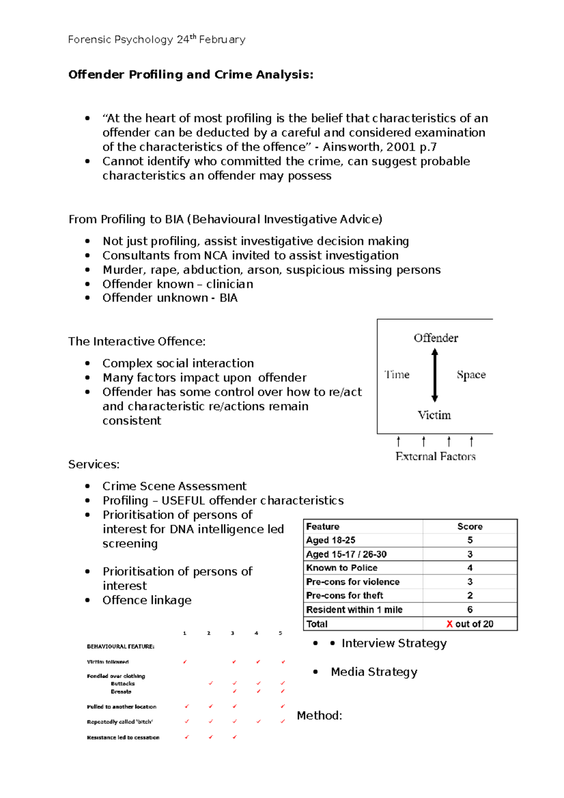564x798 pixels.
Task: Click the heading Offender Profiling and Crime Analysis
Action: click(x=190, y=75)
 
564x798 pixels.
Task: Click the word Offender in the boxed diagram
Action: click(x=436, y=338)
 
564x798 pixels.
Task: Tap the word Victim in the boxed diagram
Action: click(x=434, y=415)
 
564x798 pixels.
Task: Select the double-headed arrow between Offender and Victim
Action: click(x=435, y=375)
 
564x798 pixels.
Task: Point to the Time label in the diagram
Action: click(x=397, y=375)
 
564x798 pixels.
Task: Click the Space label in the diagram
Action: click(x=471, y=375)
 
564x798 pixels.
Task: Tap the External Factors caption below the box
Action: click(x=435, y=456)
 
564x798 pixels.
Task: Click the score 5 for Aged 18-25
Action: click(x=470, y=540)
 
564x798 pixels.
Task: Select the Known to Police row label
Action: click(x=342, y=568)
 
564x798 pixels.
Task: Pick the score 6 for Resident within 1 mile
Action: click(x=470, y=610)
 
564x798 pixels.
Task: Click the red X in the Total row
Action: click(x=449, y=624)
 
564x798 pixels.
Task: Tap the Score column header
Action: click(x=470, y=526)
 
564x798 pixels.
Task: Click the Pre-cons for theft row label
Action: click(x=345, y=595)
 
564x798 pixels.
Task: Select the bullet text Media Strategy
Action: click(x=374, y=672)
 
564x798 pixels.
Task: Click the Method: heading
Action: click(x=319, y=716)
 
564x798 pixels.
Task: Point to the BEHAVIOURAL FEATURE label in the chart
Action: click(x=120, y=647)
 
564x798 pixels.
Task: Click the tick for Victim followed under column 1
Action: click(x=185, y=662)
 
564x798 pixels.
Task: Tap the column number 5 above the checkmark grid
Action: click(x=280, y=633)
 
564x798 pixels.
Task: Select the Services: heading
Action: click(x=94, y=464)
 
